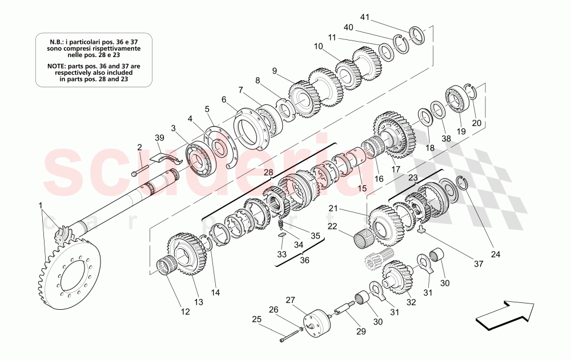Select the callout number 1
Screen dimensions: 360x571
pos(40,205)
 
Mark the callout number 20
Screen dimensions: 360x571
pos(476,123)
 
